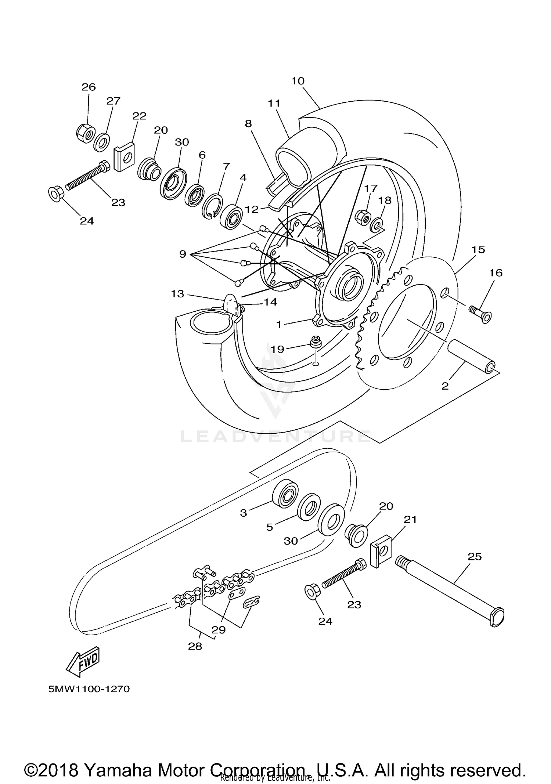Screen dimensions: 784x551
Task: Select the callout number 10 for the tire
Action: tap(298, 81)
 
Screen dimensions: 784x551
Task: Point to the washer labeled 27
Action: tap(101, 142)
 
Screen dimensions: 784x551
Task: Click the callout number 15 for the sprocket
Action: tap(478, 250)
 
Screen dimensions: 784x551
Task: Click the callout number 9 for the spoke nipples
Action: tap(183, 254)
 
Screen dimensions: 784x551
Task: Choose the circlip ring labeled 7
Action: tap(212, 207)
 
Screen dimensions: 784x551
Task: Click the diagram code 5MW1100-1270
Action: tap(89, 689)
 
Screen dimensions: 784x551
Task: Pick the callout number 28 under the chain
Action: tap(195, 646)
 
